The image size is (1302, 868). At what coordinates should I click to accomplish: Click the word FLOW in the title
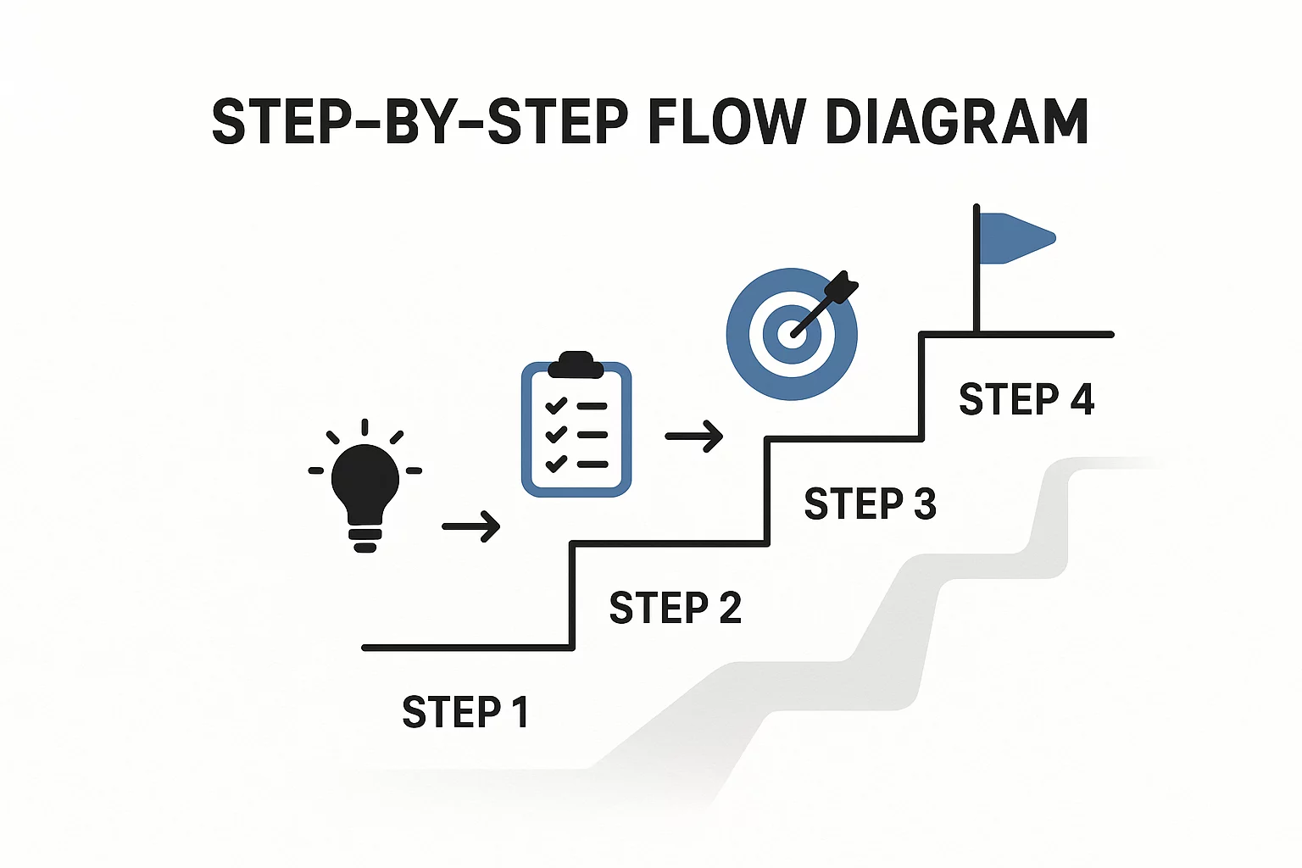coord(726,123)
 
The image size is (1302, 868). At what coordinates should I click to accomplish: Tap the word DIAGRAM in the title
coord(956,123)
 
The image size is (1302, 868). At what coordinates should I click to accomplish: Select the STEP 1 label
coord(465,712)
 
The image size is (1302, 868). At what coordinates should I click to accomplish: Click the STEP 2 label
coord(675,608)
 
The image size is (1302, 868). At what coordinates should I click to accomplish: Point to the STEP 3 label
coord(870,504)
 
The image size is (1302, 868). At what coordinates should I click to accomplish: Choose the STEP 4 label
coord(1026,399)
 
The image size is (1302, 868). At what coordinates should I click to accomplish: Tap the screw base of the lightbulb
coord(365,537)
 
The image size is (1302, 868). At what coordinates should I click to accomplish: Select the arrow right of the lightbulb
coord(471,526)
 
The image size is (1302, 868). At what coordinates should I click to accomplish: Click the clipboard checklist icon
coord(576,428)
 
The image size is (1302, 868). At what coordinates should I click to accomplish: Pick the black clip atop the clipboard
coord(576,365)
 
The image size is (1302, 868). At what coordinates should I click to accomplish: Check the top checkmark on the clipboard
coord(556,406)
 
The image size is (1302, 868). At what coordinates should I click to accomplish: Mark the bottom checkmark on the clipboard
coord(556,464)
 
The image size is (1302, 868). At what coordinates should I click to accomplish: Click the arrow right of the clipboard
coord(694,437)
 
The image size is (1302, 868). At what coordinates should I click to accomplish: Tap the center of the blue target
coord(791,334)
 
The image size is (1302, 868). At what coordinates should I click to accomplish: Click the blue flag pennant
coord(1015,237)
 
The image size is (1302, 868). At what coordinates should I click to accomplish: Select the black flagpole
coord(976,280)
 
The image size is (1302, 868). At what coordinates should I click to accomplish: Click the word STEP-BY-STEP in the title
coord(420,123)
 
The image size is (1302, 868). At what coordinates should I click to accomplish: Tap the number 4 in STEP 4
coord(1082,399)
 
